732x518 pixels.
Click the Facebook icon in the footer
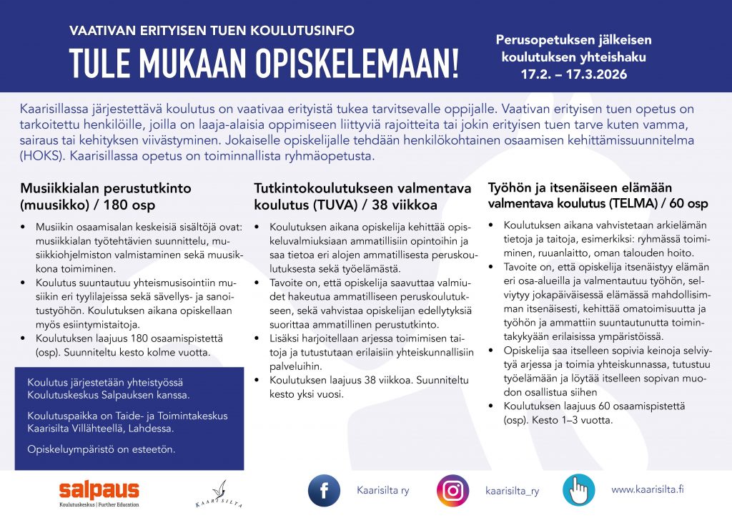pyautogui.click(x=324, y=490)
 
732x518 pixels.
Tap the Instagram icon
pyautogui.click(x=452, y=491)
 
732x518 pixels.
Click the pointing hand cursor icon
pyautogui.click(x=578, y=490)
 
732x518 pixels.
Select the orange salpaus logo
pyautogui.click(x=99, y=491)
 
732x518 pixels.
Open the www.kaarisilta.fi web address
pyautogui.click(x=647, y=489)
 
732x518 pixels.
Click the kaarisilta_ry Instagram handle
pyautogui.click(x=512, y=491)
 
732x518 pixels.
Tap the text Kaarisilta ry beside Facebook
pyautogui.click(x=382, y=490)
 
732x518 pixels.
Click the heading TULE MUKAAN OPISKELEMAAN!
pyautogui.click(x=264, y=64)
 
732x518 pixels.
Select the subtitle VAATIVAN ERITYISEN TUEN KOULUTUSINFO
pyautogui.click(x=212, y=31)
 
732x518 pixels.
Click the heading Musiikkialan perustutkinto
pyautogui.click(x=105, y=188)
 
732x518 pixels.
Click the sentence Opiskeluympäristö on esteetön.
pyautogui.click(x=101, y=449)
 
